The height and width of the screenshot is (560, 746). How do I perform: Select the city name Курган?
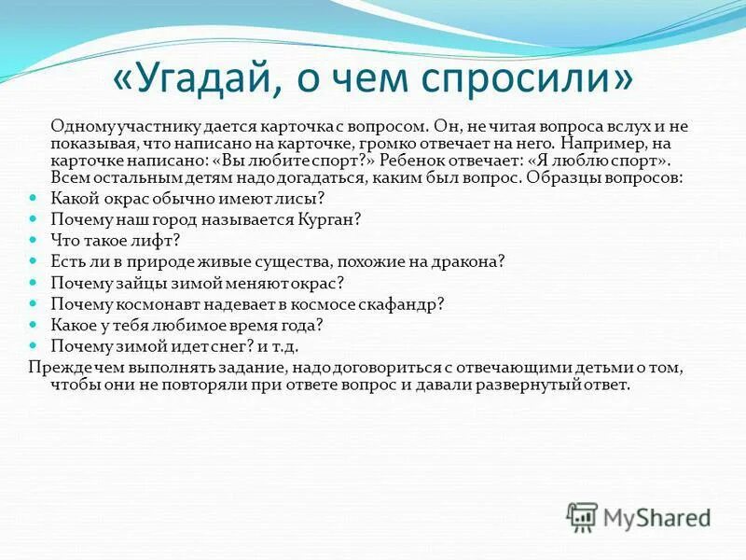[328, 219]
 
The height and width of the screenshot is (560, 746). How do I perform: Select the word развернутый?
[538, 385]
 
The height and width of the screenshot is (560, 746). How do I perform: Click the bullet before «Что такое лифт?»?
[35, 240]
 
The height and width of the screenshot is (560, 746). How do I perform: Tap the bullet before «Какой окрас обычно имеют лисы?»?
[35, 198]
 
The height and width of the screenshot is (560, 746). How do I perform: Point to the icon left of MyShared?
[582, 516]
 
